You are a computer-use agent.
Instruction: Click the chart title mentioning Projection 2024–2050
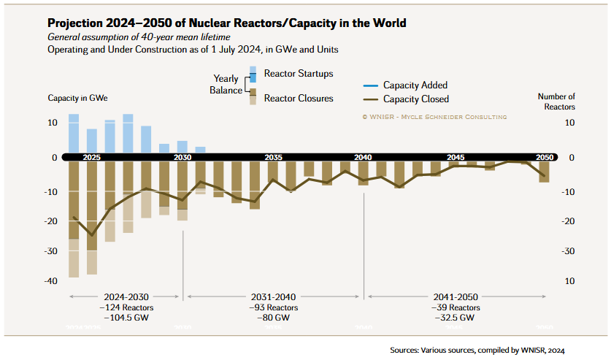pos(226,23)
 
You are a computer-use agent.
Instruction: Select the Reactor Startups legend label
pos(298,74)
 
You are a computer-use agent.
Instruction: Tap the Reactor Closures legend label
pos(298,98)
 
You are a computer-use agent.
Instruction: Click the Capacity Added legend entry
pos(415,85)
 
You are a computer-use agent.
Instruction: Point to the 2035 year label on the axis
pos(274,157)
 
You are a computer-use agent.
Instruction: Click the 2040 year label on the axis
pos(363,157)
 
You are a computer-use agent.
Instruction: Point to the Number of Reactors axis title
pos(556,102)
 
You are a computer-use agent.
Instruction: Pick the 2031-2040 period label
pos(273,297)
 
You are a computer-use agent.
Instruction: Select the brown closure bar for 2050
pos(545,172)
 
